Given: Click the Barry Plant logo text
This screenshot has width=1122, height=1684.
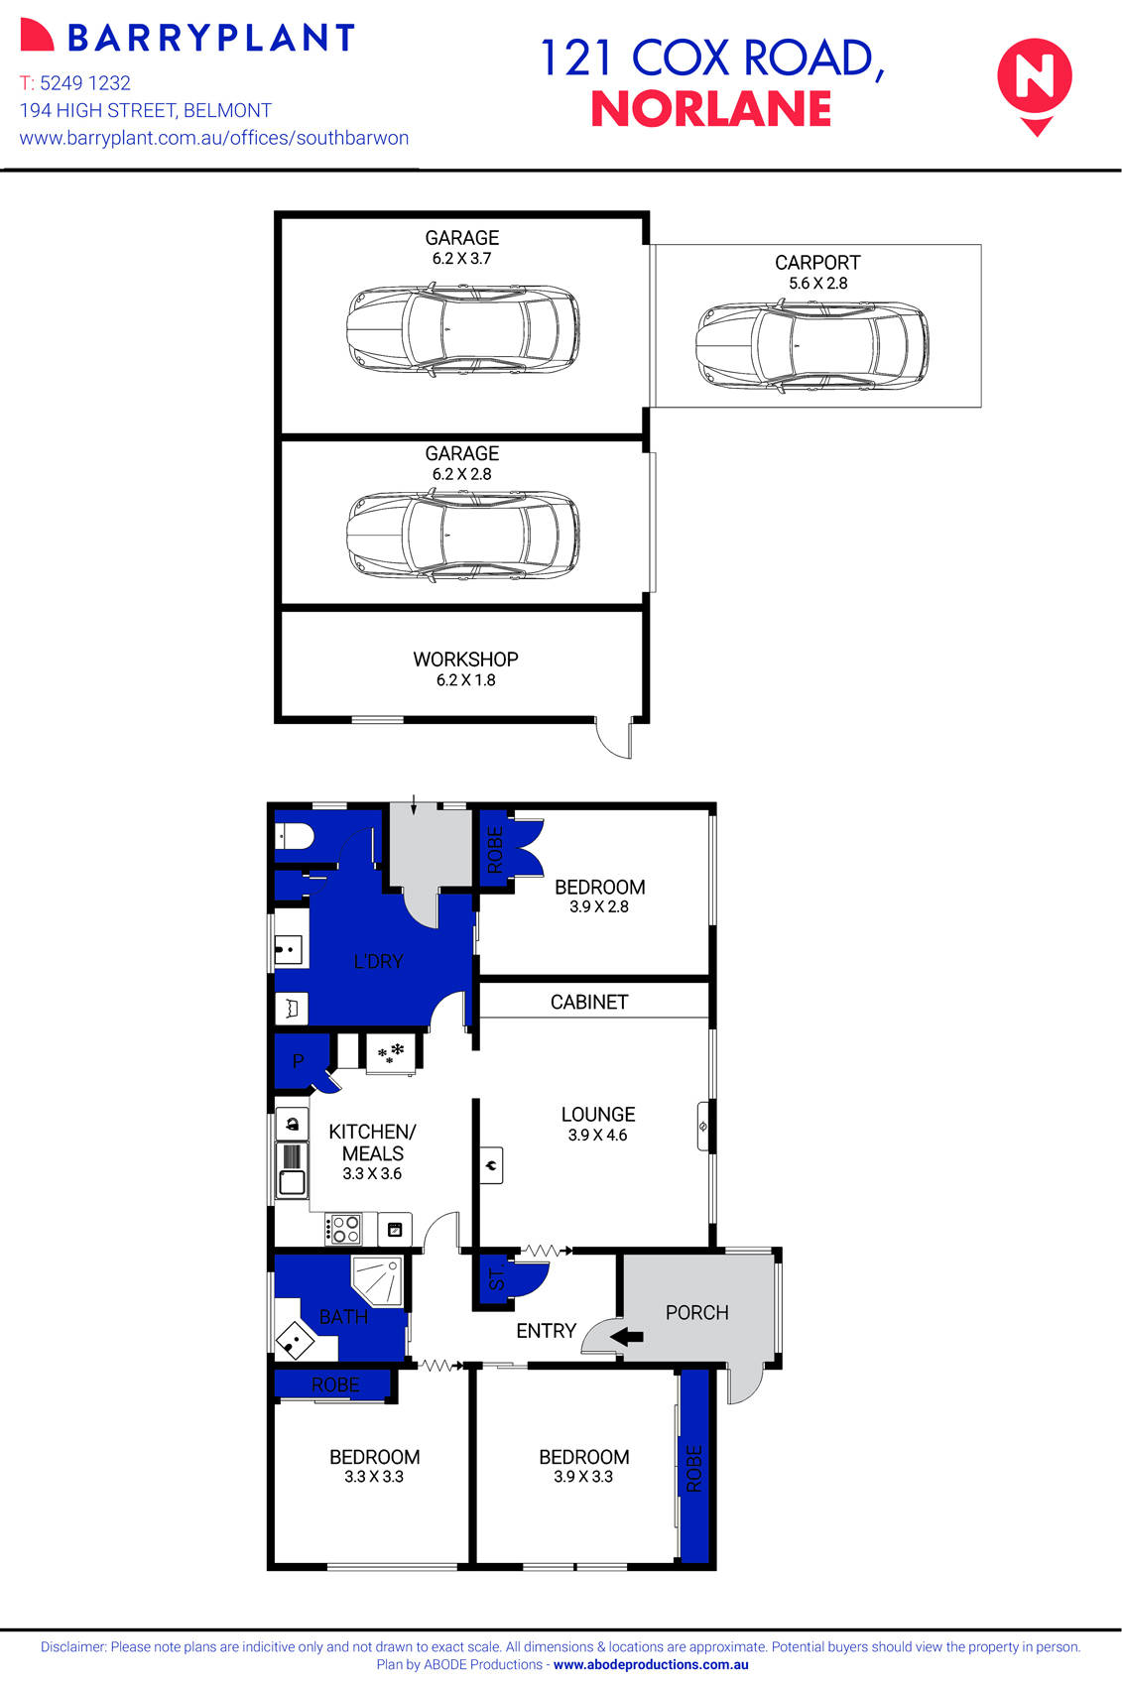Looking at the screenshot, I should pyautogui.click(x=210, y=39).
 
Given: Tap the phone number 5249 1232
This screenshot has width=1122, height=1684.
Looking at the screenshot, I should pyautogui.click(x=84, y=83).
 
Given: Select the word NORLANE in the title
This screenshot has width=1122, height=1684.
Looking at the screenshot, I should pyautogui.click(x=710, y=109).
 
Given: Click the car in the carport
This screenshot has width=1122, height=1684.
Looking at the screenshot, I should pyautogui.click(x=811, y=345).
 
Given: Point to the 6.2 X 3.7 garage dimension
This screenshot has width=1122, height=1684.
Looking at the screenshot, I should pyautogui.click(x=461, y=259).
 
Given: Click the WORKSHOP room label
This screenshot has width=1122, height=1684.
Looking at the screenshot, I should pyautogui.click(x=465, y=660).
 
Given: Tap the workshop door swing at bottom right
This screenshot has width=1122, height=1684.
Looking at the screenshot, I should pyautogui.click(x=615, y=740).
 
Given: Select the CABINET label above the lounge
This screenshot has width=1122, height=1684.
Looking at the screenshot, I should pyautogui.click(x=589, y=1002).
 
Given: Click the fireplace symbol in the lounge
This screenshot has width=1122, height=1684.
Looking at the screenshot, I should pyautogui.click(x=491, y=1165).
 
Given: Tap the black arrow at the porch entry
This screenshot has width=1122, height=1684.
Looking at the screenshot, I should pyautogui.click(x=626, y=1337).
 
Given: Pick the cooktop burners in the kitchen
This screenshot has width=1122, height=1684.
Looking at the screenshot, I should pyautogui.click(x=345, y=1230).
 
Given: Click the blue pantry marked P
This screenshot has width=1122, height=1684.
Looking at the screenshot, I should pyautogui.click(x=298, y=1061).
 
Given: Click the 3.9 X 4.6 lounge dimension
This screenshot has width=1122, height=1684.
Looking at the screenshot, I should pyautogui.click(x=597, y=1136).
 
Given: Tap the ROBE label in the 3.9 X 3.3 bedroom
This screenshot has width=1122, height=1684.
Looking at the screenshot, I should pyautogui.click(x=694, y=1468).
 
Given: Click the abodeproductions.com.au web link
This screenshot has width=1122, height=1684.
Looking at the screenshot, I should pyautogui.click(x=651, y=1665).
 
